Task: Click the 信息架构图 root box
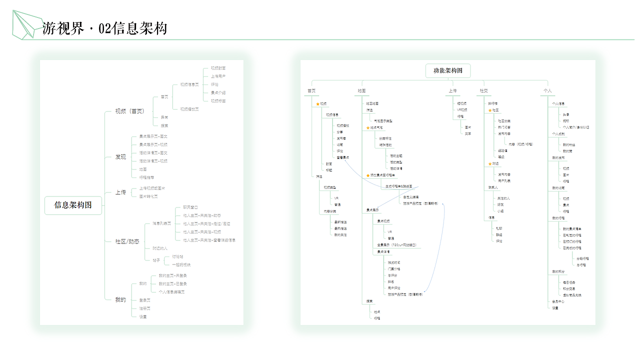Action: (73, 205)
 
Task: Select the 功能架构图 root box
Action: (448, 70)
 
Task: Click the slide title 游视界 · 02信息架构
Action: (104, 28)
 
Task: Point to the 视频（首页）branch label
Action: (129, 111)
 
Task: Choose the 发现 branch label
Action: (120, 157)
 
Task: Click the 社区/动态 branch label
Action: (127, 241)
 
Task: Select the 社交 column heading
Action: (483, 91)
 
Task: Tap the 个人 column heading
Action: (547, 91)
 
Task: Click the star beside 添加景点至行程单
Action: (368, 175)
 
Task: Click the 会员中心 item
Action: (558, 301)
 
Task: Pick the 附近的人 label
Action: (160, 248)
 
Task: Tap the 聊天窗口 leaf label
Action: (190, 207)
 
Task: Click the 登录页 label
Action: (144, 300)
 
